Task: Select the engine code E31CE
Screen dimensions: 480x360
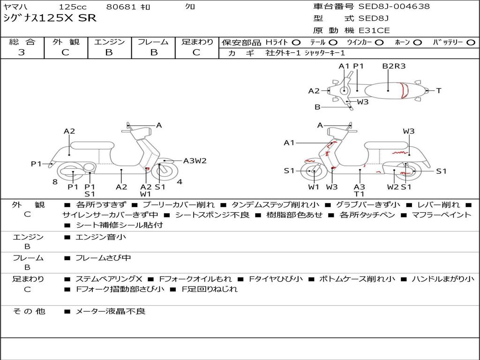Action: (x=374, y=30)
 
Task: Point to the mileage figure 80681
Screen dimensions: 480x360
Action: (x=121, y=7)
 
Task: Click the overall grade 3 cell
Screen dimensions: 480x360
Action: (x=22, y=52)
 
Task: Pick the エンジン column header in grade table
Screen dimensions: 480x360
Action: (x=109, y=42)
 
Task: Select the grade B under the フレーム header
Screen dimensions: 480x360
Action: (x=154, y=52)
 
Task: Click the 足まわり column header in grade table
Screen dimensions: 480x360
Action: (x=197, y=42)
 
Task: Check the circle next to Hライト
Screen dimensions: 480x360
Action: (x=296, y=43)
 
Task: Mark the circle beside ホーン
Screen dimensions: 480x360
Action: (x=417, y=43)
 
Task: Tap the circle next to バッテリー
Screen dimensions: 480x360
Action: (x=471, y=43)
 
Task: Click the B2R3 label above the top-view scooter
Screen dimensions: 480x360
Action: (x=393, y=66)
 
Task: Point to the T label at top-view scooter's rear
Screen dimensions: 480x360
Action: (x=439, y=90)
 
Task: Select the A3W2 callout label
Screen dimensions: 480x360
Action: (x=195, y=161)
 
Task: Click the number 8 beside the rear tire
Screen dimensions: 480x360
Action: (x=55, y=182)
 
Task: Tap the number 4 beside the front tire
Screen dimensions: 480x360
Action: (x=180, y=182)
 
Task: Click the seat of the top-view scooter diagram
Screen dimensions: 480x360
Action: (x=384, y=90)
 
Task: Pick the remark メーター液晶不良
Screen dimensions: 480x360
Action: (x=110, y=311)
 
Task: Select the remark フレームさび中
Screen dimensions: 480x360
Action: (x=103, y=258)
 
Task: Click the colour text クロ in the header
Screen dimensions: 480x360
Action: (x=190, y=7)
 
